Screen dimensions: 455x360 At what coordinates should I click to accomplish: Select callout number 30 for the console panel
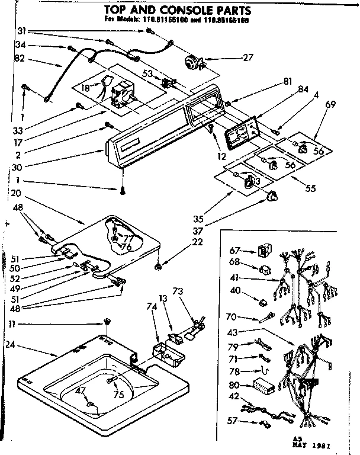pos(17,167)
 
